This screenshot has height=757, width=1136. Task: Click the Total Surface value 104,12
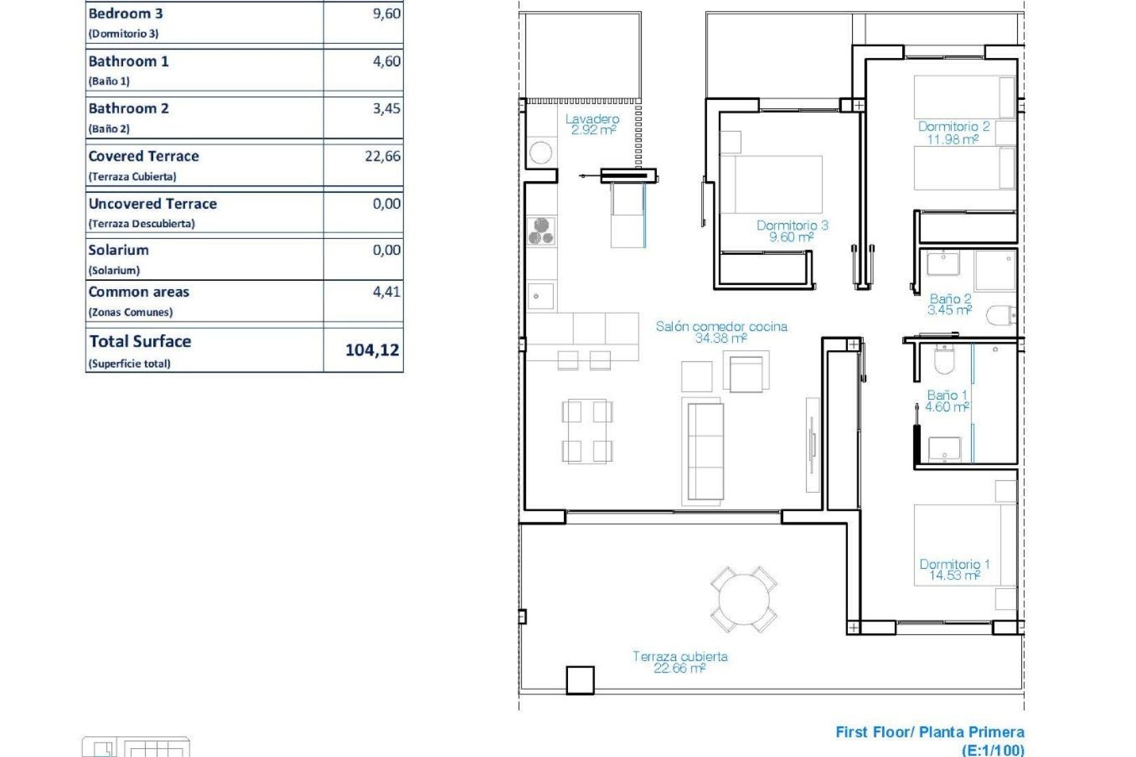click(x=372, y=350)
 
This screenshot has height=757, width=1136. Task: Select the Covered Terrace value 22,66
click(x=382, y=156)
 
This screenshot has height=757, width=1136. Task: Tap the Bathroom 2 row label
click(x=129, y=109)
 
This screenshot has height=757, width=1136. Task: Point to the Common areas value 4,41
click(x=386, y=292)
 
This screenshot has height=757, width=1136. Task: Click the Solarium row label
click(x=118, y=250)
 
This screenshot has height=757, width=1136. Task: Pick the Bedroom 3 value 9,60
click(x=386, y=14)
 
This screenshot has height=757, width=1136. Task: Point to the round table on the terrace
click(x=743, y=599)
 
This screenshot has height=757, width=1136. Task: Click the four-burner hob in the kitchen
click(x=541, y=231)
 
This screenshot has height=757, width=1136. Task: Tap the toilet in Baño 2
click(x=1001, y=315)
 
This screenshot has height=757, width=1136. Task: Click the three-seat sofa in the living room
click(x=705, y=452)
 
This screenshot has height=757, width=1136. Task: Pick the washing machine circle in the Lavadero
click(x=541, y=153)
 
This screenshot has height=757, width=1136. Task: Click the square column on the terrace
click(x=580, y=680)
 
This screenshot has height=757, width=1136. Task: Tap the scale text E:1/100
click(x=993, y=750)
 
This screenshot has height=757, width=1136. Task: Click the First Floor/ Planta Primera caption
click(x=930, y=732)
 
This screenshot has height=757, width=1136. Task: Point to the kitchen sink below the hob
click(x=541, y=296)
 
